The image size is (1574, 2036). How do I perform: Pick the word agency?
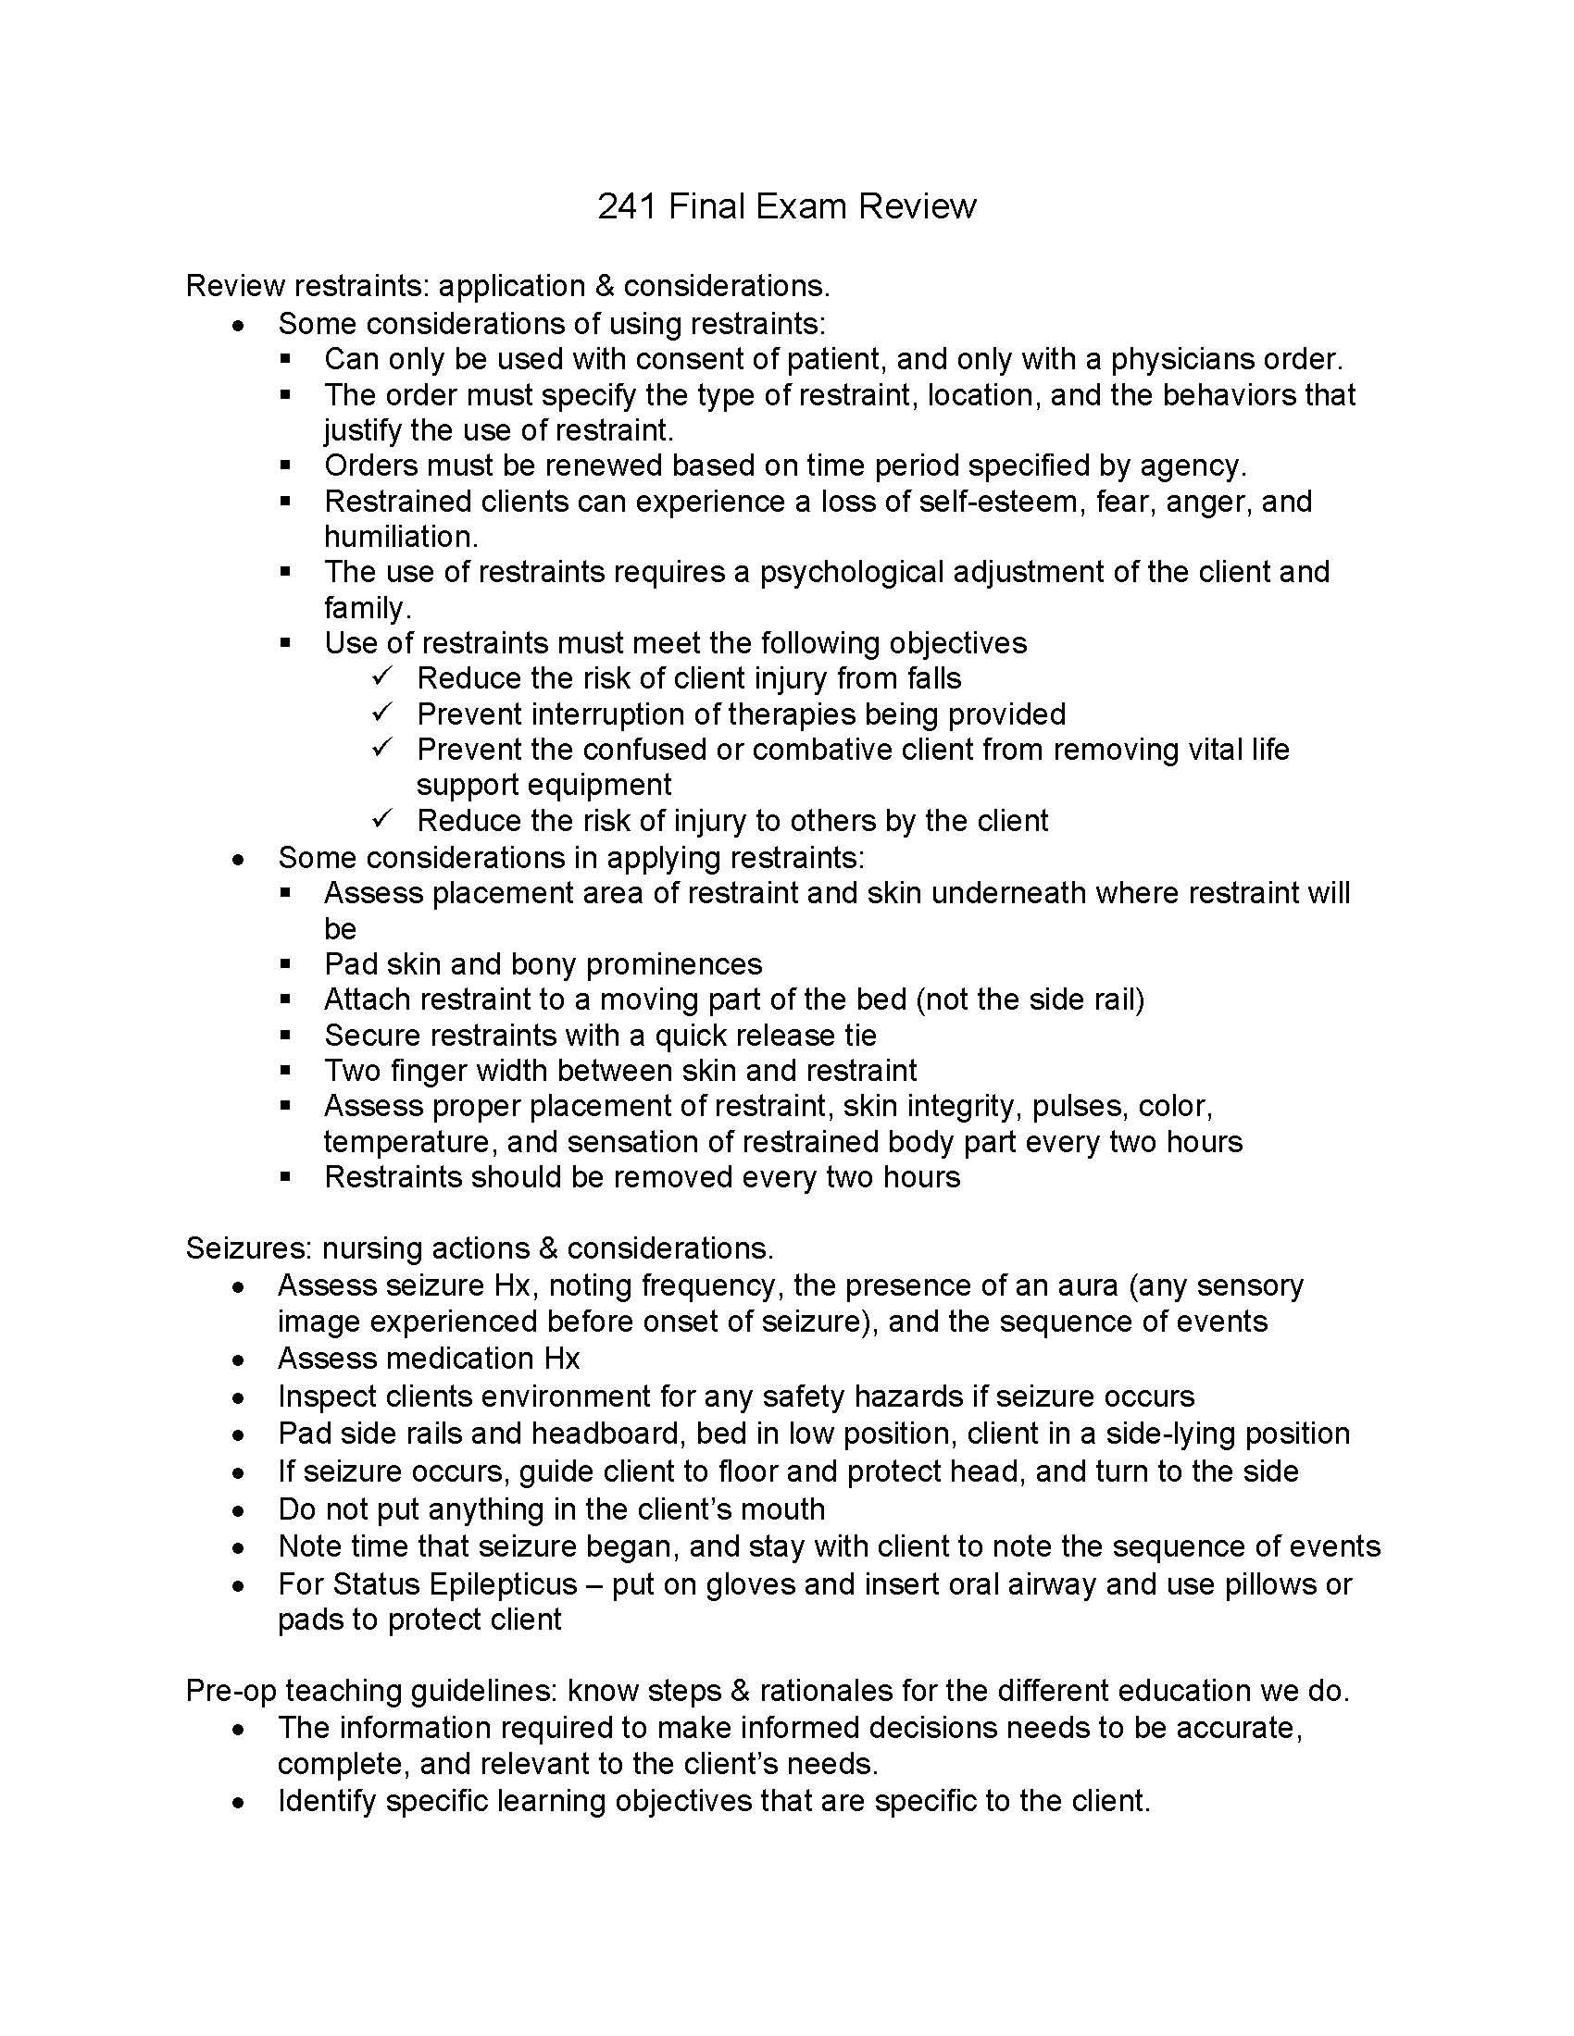click(x=1193, y=466)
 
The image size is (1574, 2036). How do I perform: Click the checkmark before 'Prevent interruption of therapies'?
click(x=383, y=714)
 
